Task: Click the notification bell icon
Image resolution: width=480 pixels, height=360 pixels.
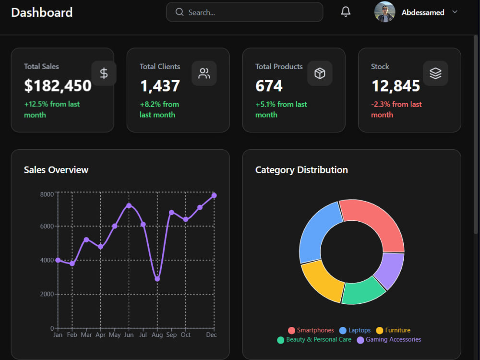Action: tap(346, 12)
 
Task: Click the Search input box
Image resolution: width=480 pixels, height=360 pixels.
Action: tap(244, 12)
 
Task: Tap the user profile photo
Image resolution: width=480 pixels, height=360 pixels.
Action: tap(384, 12)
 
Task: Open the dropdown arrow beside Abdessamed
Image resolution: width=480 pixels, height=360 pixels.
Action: tap(455, 12)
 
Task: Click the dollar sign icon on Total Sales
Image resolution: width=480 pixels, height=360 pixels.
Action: tap(104, 73)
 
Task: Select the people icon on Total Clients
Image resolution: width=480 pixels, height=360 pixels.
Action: tap(204, 73)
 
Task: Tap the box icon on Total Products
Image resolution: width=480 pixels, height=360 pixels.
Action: tap(320, 73)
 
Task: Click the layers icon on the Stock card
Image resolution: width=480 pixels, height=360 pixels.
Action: tap(435, 73)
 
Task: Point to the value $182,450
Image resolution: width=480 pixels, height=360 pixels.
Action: tap(58, 86)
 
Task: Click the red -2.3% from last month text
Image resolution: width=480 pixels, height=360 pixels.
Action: tap(396, 109)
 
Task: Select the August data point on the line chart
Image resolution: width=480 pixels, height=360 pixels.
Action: tap(157, 279)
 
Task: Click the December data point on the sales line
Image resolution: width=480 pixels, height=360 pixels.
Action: tap(214, 195)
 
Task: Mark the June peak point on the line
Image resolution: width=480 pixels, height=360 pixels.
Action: tap(129, 206)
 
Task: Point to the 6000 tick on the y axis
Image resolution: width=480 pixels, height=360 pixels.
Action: tap(47, 226)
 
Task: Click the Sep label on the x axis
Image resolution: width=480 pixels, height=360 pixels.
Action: tap(171, 335)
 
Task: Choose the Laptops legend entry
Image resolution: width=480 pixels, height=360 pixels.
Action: tap(355, 330)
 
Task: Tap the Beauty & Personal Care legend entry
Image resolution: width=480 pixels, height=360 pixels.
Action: tap(314, 340)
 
